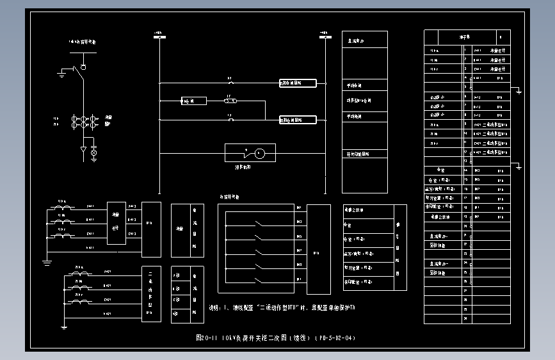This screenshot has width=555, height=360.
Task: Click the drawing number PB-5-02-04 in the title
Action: pos(334,338)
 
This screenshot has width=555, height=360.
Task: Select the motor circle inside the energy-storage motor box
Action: pos(259,153)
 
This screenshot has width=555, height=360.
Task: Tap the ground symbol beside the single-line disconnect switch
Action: pos(61,74)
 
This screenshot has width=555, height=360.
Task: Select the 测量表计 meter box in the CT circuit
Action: pos(116,223)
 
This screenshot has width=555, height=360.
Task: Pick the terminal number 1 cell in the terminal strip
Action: pos(465,51)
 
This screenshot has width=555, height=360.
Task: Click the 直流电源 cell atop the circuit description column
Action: pos(364,40)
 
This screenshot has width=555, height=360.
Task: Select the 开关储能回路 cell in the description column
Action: pos(364,154)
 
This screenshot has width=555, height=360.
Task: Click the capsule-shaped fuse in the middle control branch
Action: pos(231,101)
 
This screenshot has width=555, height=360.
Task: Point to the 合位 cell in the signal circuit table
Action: pos(368,225)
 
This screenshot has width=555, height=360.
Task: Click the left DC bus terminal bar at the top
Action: pos(158,37)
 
